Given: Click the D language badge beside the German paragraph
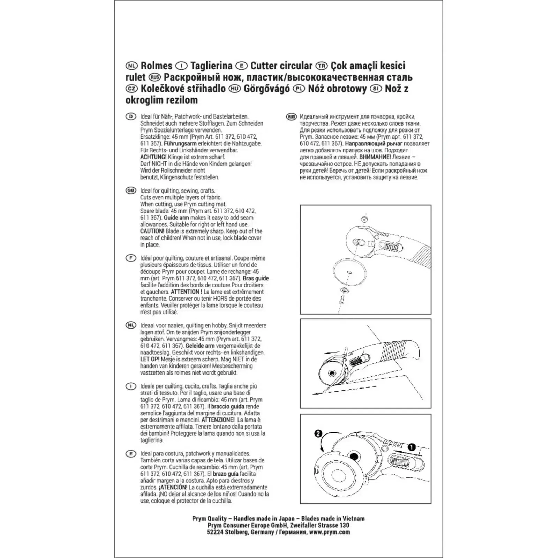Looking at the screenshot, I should click(x=131, y=116).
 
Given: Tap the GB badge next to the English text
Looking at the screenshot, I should click(x=131, y=190).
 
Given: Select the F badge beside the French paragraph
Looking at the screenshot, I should click(x=131, y=258).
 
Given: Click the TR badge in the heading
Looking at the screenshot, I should click(x=321, y=66).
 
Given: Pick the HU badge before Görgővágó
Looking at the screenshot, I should click(x=235, y=89).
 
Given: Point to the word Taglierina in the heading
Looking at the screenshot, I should click(x=211, y=66).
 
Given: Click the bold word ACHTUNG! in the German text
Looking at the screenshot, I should click(x=153, y=157).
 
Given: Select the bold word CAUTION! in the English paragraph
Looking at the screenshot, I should click(x=152, y=231).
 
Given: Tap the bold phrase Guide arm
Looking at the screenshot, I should click(x=176, y=218).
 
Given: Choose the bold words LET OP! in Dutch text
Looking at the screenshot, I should click(x=150, y=359).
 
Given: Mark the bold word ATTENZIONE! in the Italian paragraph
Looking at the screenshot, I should click(x=218, y=420).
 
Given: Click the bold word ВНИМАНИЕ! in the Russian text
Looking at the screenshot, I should click(x=375, y=157).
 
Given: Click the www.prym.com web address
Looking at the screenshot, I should click(x=330, y=532).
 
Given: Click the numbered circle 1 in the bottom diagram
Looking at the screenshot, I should click(x=412, y=447).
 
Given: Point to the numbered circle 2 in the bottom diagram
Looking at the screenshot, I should click(x=318, y=433).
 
